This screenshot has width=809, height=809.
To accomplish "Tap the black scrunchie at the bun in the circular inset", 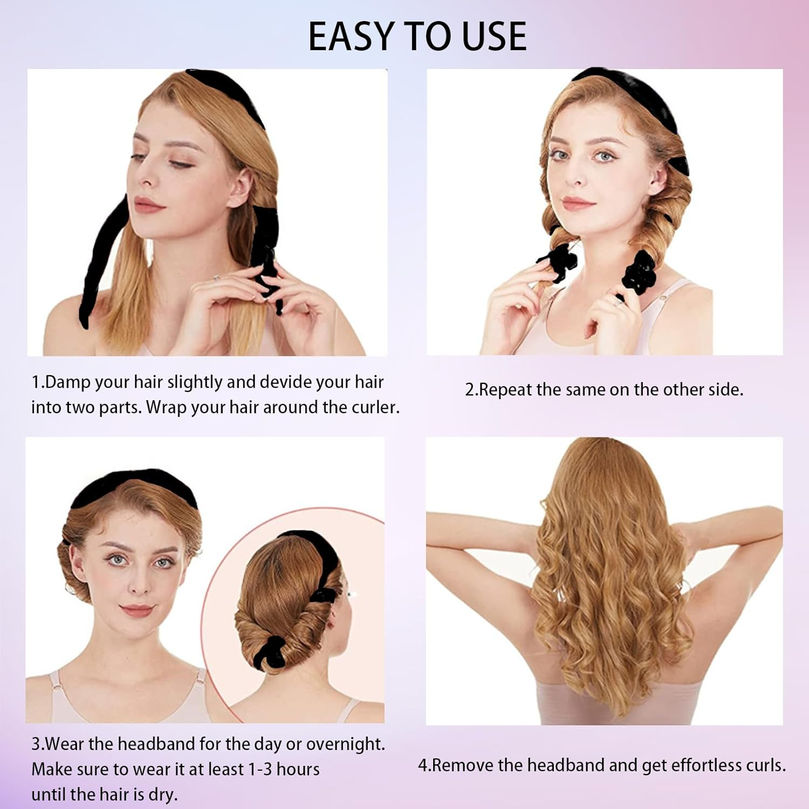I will [x=276, y=649].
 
